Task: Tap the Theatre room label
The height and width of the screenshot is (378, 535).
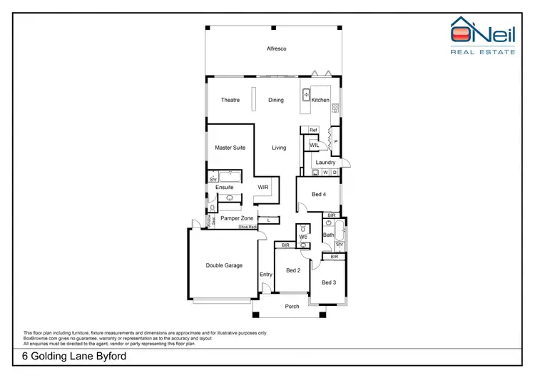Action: pos(230,100)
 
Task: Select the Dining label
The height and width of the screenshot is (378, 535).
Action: pos(276,100)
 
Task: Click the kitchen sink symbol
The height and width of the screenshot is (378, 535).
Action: pos(305,93)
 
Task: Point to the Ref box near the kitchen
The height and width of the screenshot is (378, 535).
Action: pos(312,130)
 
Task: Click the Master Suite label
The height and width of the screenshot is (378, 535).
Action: pos(230,148)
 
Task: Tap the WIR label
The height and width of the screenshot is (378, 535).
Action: pos(262,188)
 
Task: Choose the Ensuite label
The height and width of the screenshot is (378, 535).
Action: pos(225,188)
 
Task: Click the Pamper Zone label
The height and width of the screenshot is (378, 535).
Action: pos(237,218)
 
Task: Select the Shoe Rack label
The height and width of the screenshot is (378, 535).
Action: pos(248,227)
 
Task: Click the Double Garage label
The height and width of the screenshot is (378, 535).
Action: pos(224,265)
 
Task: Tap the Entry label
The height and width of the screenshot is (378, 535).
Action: pos(266,275)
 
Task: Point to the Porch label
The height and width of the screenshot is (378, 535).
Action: pos(292,307)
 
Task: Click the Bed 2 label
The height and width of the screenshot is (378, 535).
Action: pos(292,270)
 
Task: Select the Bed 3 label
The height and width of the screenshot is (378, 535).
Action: pos(328,282)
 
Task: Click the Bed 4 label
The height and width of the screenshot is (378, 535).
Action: pos(320,194)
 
